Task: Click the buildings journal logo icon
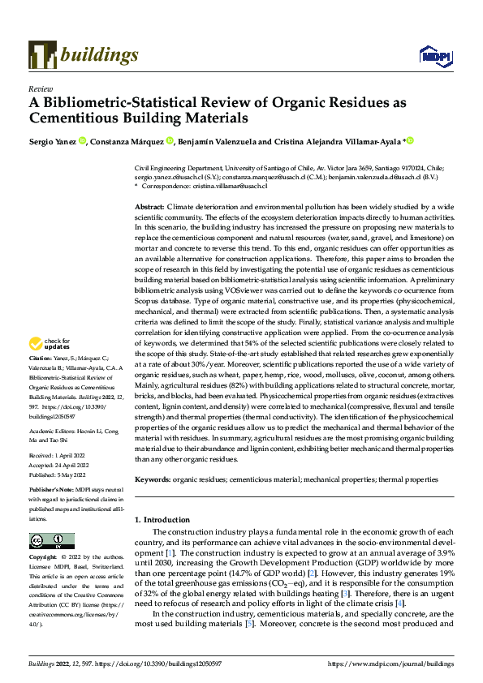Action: [x=42, y=54]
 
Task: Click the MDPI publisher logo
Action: [x=433, y=55]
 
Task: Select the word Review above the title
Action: [x=40, y=90]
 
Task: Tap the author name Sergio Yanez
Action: [x=53, y=141]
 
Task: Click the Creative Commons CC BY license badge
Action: [x=51, y=541]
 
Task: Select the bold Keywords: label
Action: [x=153, y=480]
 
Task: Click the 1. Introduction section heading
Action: [x=167, y=518]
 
